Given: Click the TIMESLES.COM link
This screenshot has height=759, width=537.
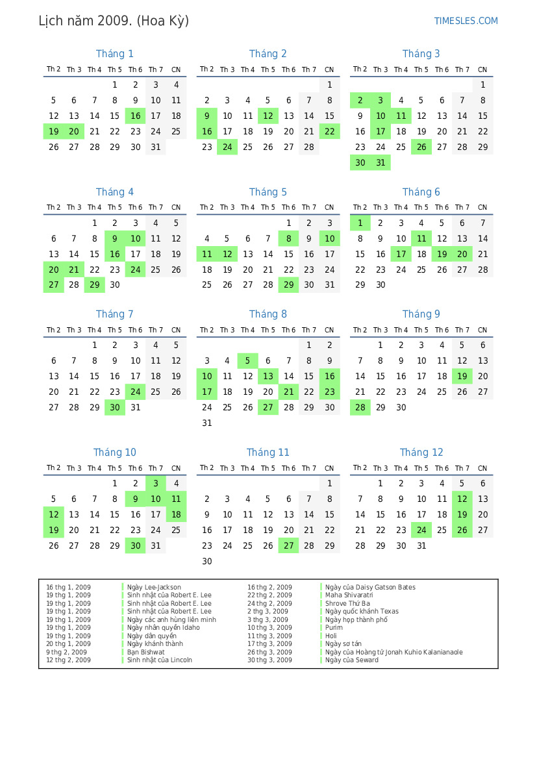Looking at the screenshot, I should tap(466, 21).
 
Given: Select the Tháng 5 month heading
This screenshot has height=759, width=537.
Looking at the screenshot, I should tap(268, 192).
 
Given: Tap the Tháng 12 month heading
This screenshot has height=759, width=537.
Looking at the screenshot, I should tap(421, 453).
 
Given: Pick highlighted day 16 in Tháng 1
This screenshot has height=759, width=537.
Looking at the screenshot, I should tap(135, 116).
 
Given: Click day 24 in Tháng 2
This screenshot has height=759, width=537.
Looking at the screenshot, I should tap(227, 147).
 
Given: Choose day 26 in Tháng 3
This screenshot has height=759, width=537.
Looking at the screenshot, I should tap(421, 147).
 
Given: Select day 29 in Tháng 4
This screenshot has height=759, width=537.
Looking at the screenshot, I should tap(94, 285).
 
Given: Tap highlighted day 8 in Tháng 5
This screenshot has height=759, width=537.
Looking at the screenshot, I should tap(288, 238).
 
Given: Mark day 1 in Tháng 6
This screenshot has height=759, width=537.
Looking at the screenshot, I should tap(360, 223).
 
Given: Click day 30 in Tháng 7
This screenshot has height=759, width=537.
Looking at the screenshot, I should tap(115, 408).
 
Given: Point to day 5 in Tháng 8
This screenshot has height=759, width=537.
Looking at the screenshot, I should tap(247, 361).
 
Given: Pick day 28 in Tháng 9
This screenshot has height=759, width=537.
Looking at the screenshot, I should tap(360, 408).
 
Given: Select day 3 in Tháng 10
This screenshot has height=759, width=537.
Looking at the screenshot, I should tap(156, 483).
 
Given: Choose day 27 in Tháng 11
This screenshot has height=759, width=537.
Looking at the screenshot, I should tap(288, 546).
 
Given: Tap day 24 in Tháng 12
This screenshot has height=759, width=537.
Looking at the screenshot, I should tap(421, 530).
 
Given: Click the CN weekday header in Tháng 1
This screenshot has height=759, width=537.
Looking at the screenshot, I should tap(176, 69).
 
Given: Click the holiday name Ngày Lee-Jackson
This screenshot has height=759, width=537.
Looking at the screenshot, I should tap(154, 588).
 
